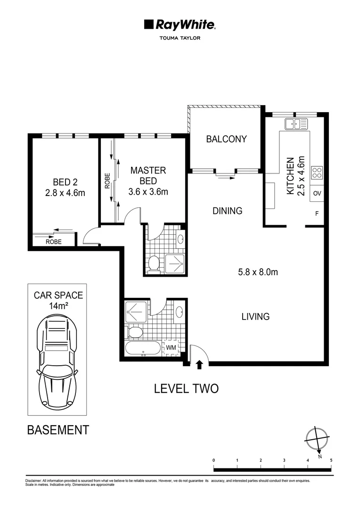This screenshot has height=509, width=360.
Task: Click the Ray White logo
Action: click(x=180, y=25)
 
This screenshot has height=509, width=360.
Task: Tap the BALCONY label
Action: click(x=226, y=139)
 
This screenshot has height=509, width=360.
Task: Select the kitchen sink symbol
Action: click(x=296, y=124)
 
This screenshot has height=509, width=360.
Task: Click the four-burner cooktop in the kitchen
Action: click(x=317, y=172)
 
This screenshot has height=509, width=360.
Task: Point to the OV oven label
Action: click(x=317, y=193)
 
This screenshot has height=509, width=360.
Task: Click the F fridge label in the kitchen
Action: click(x=317, y=213)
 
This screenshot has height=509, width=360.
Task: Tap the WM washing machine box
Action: click(x=171, y=348)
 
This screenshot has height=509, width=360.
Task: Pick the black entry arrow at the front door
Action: click(x=200, y=364)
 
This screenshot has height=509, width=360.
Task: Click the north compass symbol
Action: click(x=317, y=440)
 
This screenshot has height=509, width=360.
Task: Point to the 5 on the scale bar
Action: click(x=331, y=460)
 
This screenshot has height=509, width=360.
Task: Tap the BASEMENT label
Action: click(x=58, y=430)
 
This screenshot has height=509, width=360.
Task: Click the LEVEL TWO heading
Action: click(x=186, y=388)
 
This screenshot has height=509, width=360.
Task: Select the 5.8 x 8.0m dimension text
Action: click(x=258, y=272)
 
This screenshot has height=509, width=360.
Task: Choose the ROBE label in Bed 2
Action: click(x=54, y=242)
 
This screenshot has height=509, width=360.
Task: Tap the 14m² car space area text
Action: click(x=58, y=306)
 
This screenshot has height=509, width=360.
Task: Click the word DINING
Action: click(x=227, y=211)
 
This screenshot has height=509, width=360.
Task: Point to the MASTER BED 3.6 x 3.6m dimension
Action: click(x=148, y=191)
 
